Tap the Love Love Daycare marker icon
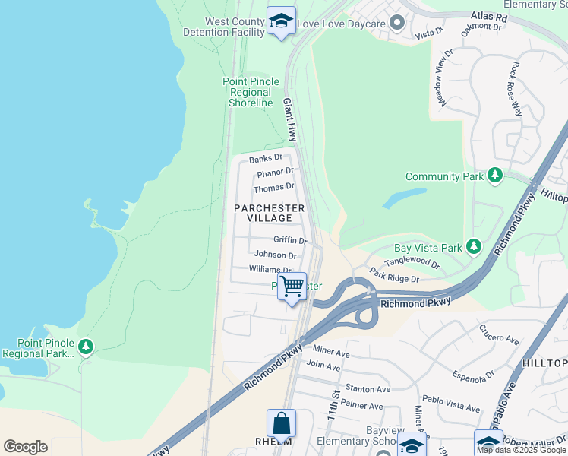click(396, 23)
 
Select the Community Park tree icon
click(495, 176)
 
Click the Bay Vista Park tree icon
click(474, 247)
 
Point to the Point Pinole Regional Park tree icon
click(86, 347)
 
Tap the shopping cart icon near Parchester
click(292, 287)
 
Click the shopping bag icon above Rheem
click(281, 423)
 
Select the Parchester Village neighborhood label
click(269, 213)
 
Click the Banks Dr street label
click(265, 159)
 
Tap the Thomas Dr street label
click(273, 187)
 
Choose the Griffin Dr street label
click(289, 240)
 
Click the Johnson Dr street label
click(275, 255)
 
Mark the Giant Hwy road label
click(289, 119)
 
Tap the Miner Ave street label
click(330, 353)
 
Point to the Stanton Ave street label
click(368, 389)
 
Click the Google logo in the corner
click(25, 447)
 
